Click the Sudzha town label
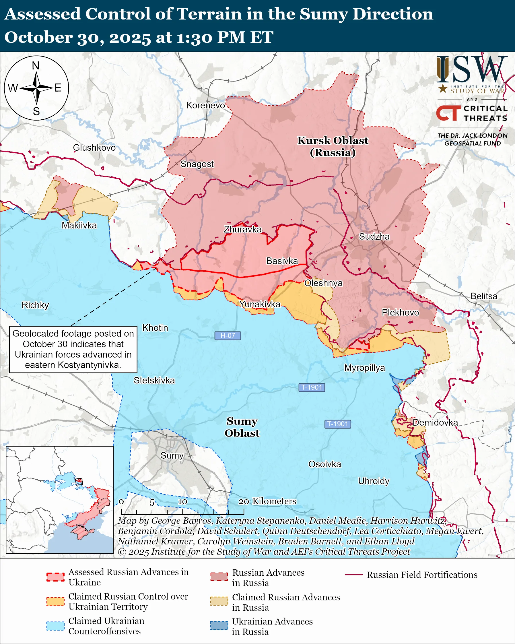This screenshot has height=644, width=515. coord(374,236)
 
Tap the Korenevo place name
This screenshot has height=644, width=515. coord(205,105)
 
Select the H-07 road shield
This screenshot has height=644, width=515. coord(228,335)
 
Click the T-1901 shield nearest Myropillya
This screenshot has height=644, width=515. coord(312,387)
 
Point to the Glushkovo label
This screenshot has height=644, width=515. coord(94,148)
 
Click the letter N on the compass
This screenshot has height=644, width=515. coord(36,66)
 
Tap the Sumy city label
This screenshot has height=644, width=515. coord(172,455)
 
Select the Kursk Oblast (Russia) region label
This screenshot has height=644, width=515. coord(333,146)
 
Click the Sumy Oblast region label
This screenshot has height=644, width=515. coord(242,427)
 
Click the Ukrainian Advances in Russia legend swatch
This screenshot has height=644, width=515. coord(219,625)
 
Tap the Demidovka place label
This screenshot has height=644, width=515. coord(435,422)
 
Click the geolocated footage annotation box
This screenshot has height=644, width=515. coord(73,349)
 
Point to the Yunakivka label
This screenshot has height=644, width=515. coord(260,304)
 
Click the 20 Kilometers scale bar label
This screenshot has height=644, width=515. coord(267,501)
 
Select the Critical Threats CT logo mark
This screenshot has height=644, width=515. coord(448,113)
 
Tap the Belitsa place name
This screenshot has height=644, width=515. coord(484,296)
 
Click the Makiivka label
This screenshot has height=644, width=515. coord(79,225)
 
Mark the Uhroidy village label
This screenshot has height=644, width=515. coord(374,481)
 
